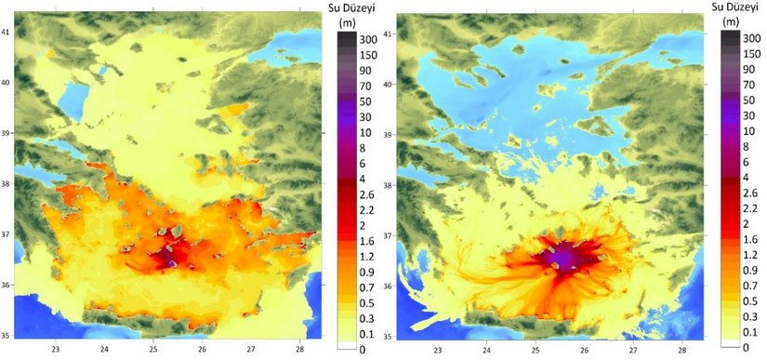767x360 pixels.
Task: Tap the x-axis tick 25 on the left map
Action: coord(153,351)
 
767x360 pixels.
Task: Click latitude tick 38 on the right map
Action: coord(387,185)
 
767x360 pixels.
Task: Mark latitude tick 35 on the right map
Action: coord(387,336)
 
